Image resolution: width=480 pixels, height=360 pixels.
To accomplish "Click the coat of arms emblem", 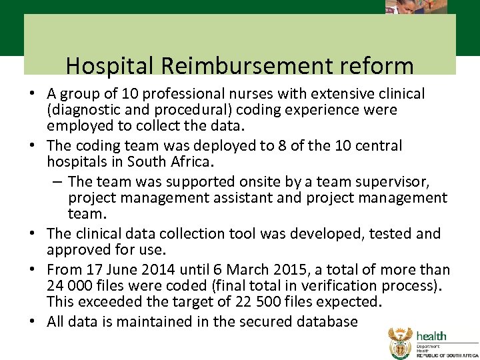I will point(400,343).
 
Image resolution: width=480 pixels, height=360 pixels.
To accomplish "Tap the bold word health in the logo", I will point(432,335).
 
